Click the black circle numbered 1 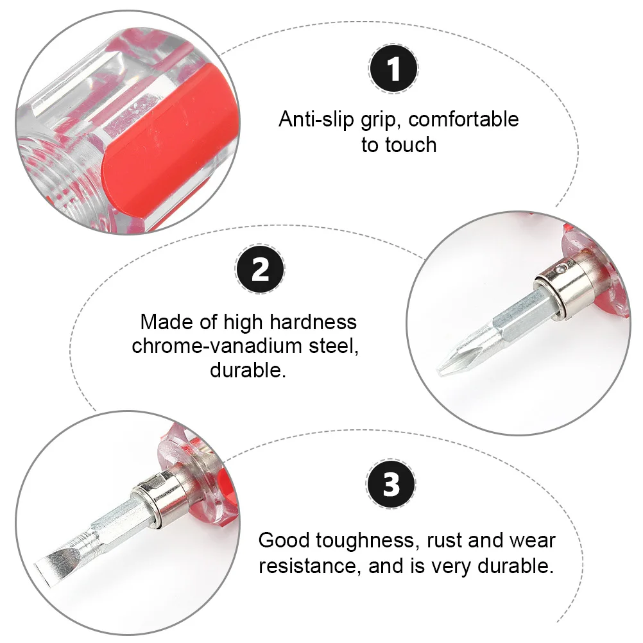click(x=394, y=69)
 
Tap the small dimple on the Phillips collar click(x=563, y=271)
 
